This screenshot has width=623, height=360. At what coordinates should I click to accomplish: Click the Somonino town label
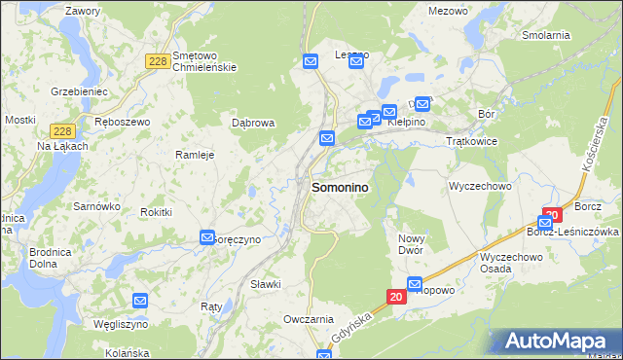click(x=340, y=189)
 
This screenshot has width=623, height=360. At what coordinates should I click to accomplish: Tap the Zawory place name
click(x=82, y=11)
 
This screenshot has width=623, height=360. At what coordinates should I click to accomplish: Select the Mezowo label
click(x=448, y=11)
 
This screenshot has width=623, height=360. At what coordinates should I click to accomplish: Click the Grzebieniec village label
click(x=78, y=90)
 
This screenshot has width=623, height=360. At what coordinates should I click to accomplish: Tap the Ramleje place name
click(x=194, y=154)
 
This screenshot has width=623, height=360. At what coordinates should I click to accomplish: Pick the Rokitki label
click(x=157, y=212)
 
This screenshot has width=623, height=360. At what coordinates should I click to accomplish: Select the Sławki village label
click(x=265, y=284)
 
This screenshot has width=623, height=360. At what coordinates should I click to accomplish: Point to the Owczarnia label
click(x=309, y=319)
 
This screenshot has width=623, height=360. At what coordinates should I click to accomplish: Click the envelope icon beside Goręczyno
click(x=207, y=237)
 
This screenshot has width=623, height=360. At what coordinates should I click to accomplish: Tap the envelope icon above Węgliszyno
click(x=140, y=302)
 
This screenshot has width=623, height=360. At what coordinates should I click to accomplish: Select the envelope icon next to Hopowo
click(x=416, y=285)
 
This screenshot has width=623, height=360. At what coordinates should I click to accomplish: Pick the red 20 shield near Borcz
click(x=553, y=214)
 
